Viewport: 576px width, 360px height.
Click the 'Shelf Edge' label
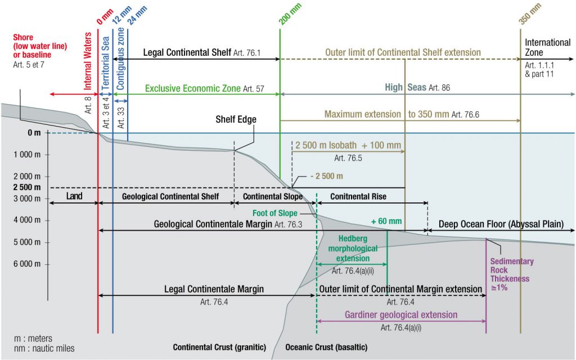[x=236, y=120]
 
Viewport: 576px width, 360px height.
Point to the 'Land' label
[x=74, y=196]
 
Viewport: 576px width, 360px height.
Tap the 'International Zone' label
[x=547, y=47]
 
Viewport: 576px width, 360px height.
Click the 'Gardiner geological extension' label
[x=401, y=315]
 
